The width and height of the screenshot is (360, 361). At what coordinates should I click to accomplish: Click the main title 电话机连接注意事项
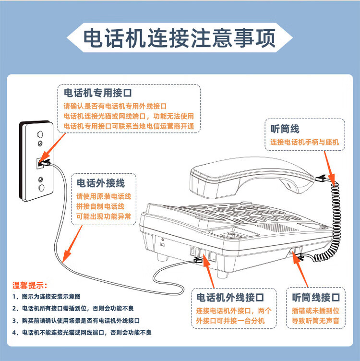(x=180, y=38)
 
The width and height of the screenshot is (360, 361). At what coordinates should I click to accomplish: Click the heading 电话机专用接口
(x=98, y=93)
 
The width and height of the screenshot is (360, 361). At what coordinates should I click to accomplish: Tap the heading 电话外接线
(x=101, y=183)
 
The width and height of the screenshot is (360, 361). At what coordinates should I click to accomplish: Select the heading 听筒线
(x=285, y=129)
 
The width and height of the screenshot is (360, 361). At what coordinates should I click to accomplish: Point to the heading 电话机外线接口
(x=230, y=298)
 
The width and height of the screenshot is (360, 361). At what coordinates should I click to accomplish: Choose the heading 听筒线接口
(x=316, y=298)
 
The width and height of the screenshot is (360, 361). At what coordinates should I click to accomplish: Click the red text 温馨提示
(x=30, y=285)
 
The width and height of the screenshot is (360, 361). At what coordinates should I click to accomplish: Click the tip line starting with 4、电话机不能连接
(x=82, y=333)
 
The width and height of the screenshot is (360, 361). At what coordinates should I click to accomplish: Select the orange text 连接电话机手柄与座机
(x=304, y=142)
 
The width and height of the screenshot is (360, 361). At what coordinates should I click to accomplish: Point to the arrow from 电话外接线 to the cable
(x=72, y=244)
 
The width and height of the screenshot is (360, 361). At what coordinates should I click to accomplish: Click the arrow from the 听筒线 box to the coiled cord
(x=330, y=167)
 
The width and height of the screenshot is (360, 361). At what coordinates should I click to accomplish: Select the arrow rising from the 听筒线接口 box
(x=300, y=269)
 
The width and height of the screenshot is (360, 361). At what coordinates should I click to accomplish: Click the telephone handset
(x=252, y=178)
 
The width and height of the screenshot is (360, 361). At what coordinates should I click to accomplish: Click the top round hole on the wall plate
(x=40, y=134)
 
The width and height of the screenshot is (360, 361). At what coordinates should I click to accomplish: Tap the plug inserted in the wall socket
(x=45, y=163)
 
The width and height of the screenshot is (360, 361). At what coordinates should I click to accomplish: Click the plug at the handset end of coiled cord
(x=321, y=178)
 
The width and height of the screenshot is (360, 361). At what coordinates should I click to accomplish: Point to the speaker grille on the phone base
(x=276, y=227)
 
